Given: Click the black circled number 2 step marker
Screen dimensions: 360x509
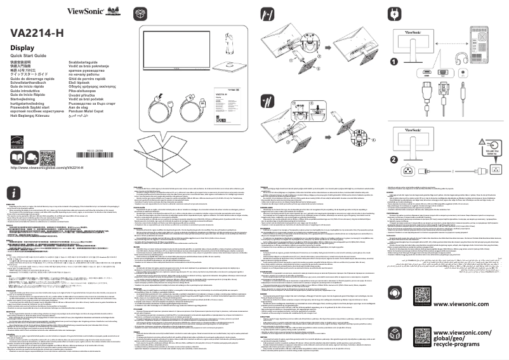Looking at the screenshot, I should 395,159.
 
